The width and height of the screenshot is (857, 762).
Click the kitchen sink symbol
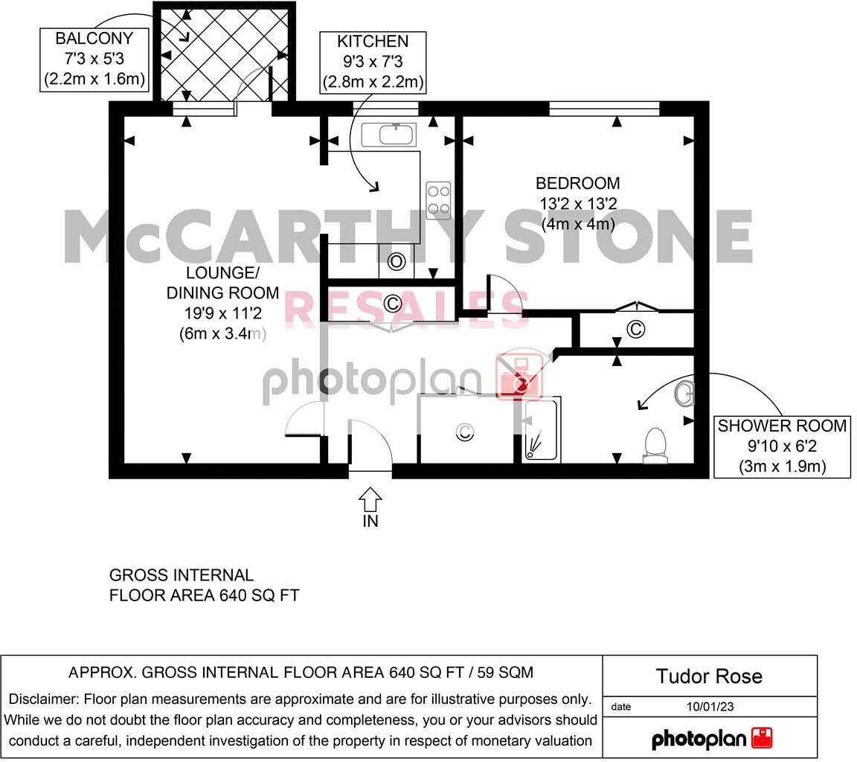389,135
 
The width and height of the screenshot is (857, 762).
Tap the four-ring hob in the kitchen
438,199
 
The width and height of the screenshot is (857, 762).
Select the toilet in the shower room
654,445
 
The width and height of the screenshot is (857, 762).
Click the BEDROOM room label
577,183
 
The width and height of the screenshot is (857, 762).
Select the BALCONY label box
93,59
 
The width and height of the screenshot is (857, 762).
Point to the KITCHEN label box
373,62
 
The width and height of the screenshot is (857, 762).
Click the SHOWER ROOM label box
782,446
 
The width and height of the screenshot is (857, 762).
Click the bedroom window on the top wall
604,109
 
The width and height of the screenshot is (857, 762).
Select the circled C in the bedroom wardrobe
636,329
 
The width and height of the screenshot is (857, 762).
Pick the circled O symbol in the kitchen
396,261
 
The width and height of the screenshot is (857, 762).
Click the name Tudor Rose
709,676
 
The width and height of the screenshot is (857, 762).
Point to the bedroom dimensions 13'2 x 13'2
578,203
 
